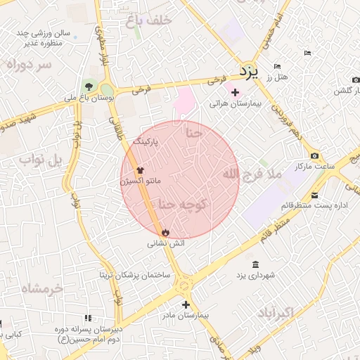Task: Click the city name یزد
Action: pyautogui.click(x=250, y=70)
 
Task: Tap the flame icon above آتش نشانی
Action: pyautogui.click(x=165, y=231)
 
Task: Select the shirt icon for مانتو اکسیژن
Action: pyautogui.click(x=139, y=169)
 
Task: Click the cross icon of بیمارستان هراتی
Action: pyautogui.click(x=235, y=92)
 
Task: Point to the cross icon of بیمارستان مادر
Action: pyautogui.click(x=185, y=304)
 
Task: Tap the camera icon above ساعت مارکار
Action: pyautogui.click(x=314, y=155)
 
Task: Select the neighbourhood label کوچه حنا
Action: pyautogui.click(x=181, y=204)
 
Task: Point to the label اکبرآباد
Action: pyautogui.click(x=284, y=311)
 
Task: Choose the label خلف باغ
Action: pyautogui.click(x=149, y=21)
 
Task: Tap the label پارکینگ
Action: pyautogui.click(x=146, y=141)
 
